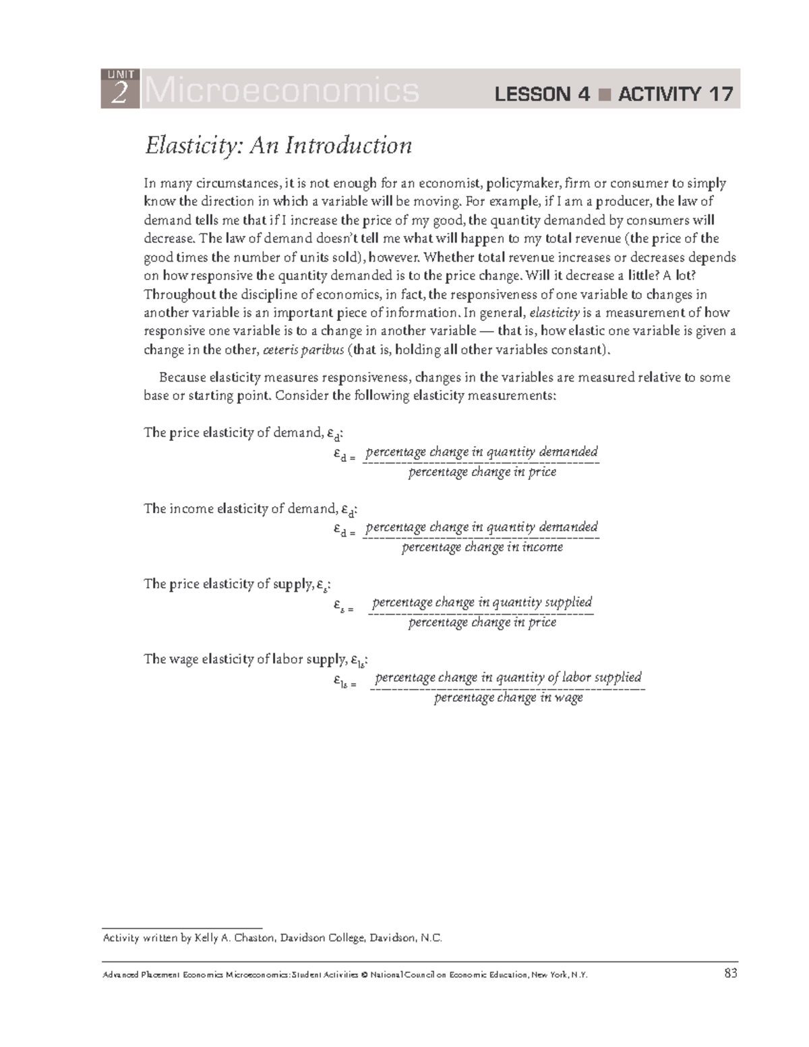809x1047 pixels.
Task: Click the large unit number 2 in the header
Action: tap(119, 94)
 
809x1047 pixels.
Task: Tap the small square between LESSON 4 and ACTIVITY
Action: tap(604, 94)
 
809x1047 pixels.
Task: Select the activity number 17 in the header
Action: tap(719, 94)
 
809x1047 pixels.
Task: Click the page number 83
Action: tap(731, 974)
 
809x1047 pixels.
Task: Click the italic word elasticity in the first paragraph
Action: tap(555, 313)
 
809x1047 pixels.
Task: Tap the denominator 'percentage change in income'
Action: tap(482, 547)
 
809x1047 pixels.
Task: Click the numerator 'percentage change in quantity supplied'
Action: tap(482, 602)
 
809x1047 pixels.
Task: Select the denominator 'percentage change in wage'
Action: tap(508, 698)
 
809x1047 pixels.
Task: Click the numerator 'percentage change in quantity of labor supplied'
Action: tap(508, 677)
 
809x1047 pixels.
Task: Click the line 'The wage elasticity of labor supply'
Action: tap(256, 659)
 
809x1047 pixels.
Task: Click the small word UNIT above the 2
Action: tap(120, 74)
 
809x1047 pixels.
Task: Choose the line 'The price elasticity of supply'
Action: tap(237, 585)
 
